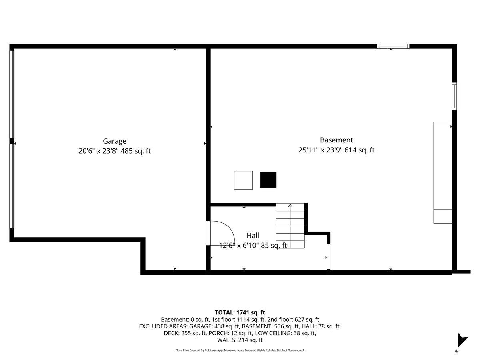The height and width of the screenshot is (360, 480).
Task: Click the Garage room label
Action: tap(114, 141)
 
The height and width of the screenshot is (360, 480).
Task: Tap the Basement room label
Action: tap(336, 140)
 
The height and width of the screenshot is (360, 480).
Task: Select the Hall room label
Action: tap(252, 236)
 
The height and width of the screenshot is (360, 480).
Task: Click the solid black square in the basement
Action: tap(268, 180)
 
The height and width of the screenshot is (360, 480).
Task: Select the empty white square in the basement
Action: tap(243, 180)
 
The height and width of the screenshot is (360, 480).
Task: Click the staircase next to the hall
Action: tap(290, 226)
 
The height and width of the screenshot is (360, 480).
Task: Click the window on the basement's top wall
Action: tap(393, 46)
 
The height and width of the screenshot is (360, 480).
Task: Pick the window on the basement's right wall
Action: tap(454, 96)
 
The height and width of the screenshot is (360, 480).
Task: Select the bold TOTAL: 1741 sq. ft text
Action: tap(240, 312)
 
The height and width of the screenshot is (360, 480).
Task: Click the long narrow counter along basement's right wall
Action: tap(443, 172)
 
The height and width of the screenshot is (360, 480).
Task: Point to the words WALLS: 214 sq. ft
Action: tap(240, 340)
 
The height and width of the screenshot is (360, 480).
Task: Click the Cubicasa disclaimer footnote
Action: tap(240, 350)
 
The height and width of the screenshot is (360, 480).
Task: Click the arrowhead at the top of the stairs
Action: tap(290, 206)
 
